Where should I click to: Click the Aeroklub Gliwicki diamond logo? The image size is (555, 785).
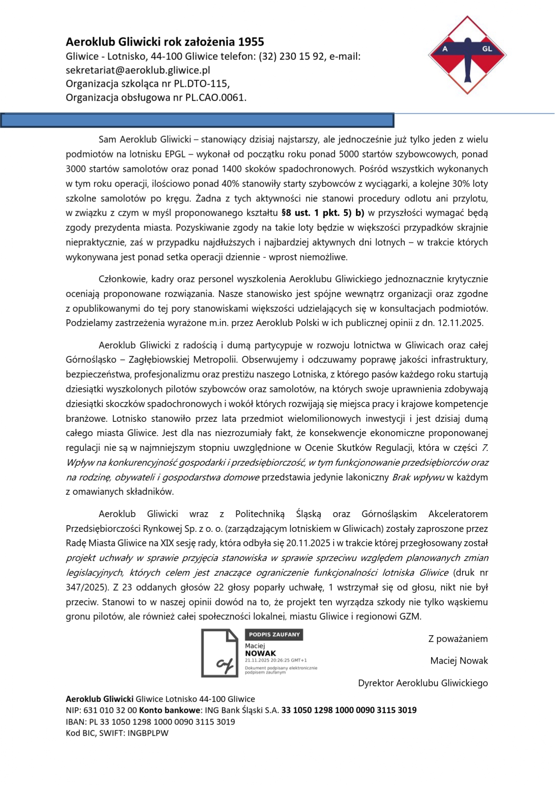point(467,55)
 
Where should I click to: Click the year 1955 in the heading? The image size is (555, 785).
point(251,42)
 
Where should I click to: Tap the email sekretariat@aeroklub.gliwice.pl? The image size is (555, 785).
point(138,70)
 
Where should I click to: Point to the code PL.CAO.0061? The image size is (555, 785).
point(221,98)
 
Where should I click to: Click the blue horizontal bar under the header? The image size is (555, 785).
point(197,120)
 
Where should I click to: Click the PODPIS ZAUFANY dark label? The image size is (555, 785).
point(274,635)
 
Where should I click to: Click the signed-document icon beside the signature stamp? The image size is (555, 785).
point(219,653)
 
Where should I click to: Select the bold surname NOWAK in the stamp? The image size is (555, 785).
point(261,653)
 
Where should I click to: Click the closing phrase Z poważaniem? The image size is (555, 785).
point(458,639)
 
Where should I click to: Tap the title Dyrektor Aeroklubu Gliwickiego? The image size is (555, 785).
point(423,683)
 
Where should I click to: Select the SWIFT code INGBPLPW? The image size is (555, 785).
point(148,733)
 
